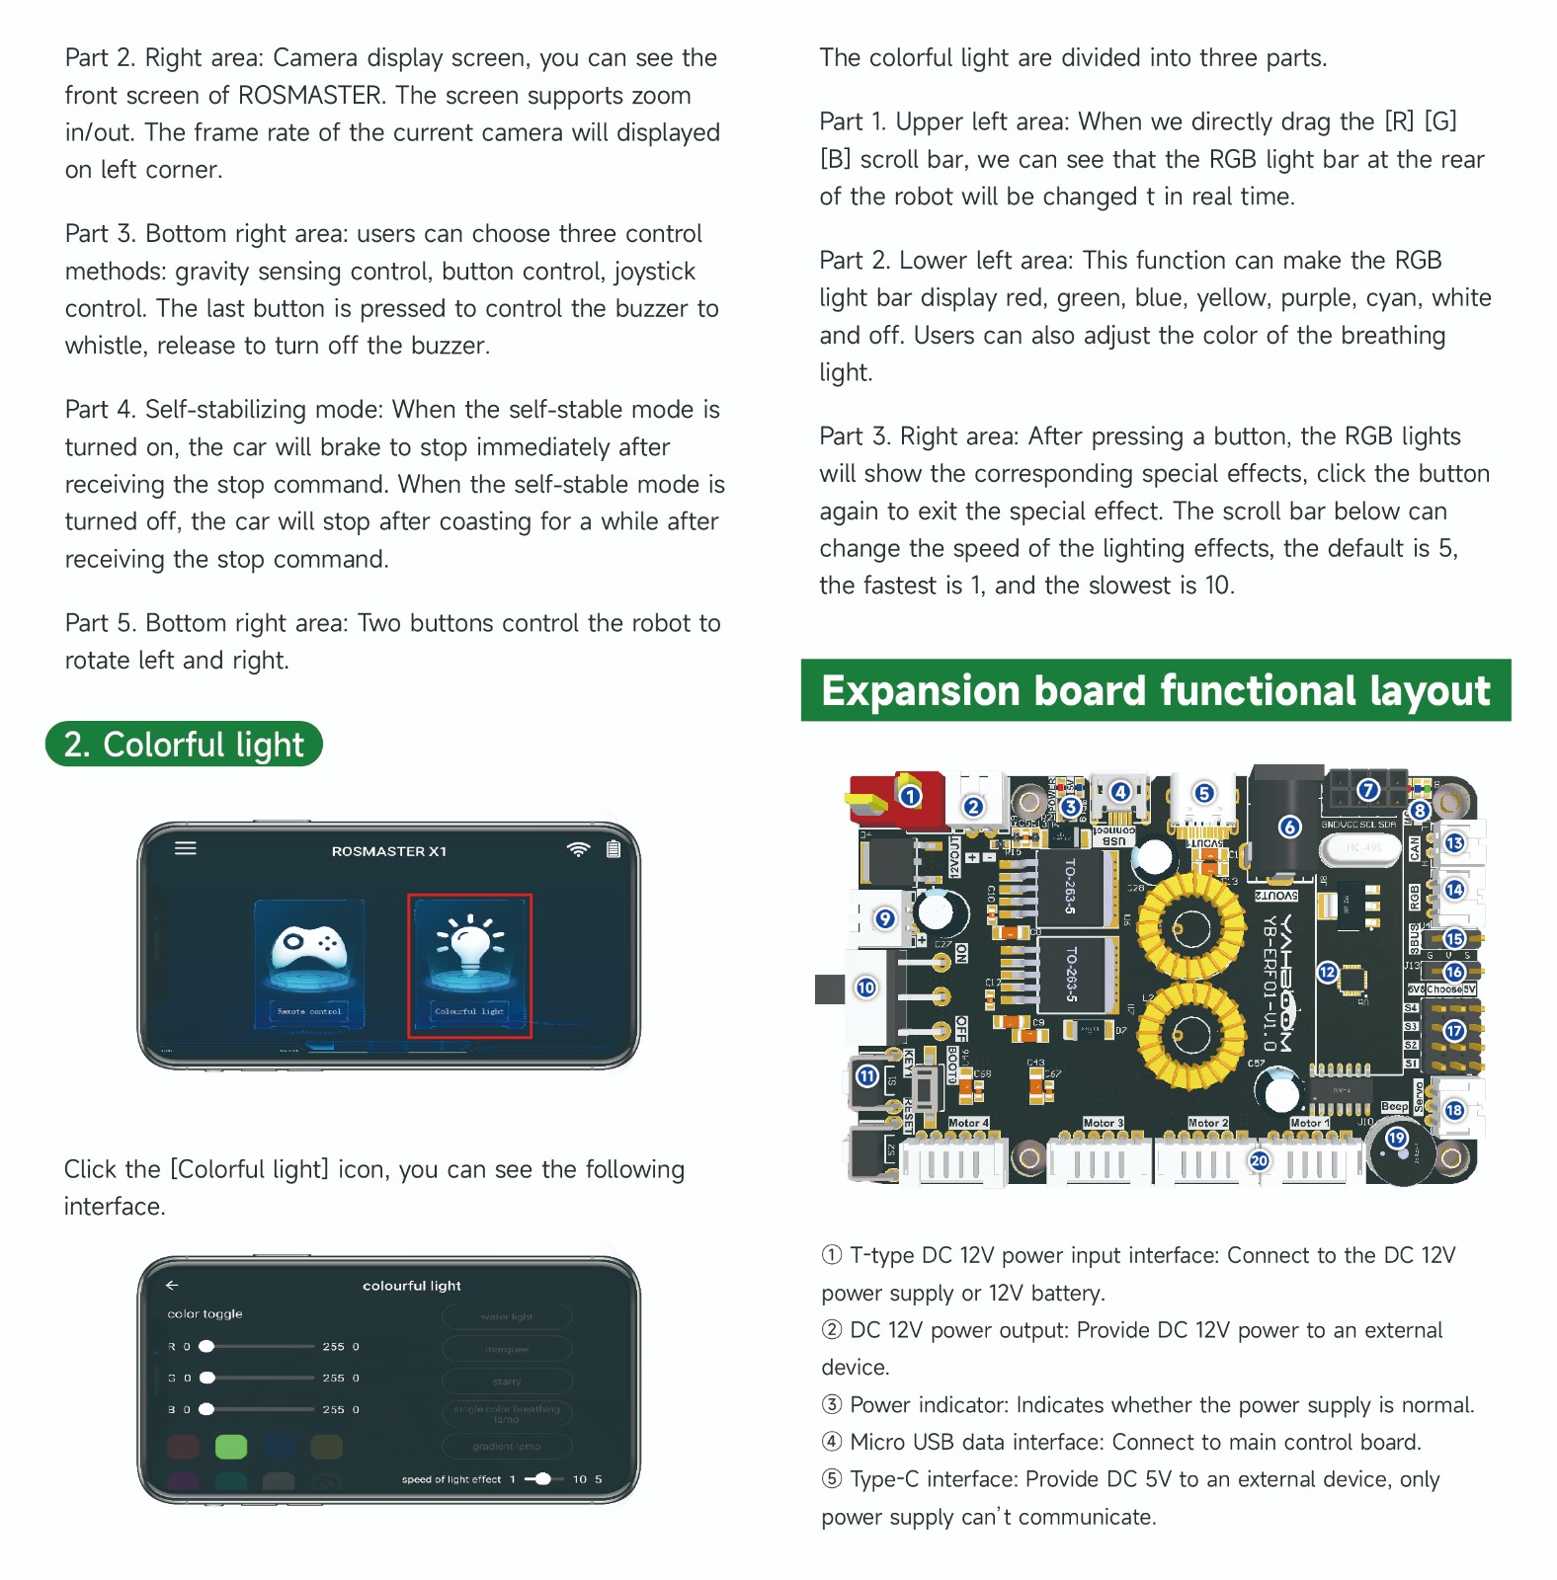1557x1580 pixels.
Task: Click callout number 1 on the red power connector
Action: (x=910, y=795)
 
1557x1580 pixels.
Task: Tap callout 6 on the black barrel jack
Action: (x=1289, y=827)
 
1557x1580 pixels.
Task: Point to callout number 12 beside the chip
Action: (x=1327, y=973)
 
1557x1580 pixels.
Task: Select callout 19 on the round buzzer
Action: (x=1396, y=1138)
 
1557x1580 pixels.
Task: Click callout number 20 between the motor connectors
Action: (x=1259, y=1160)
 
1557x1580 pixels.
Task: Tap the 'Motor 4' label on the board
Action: (x=967, y=1123)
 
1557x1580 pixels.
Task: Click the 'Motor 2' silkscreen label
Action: (x=1207, y=1123)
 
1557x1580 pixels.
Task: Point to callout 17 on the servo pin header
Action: (x=1454, y=1031)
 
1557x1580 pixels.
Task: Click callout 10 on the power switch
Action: (x=865, y=987)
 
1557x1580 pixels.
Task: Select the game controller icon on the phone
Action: (x=309, y=948)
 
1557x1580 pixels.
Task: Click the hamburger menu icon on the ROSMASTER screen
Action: (x=186, y=848)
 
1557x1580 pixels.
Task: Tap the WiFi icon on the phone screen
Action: (x=578, y=849)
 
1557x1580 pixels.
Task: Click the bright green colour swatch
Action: (x=231, y=1447)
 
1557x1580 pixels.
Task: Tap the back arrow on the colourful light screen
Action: (x=172, y=1285)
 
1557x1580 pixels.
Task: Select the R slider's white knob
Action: (x=206, y=1346)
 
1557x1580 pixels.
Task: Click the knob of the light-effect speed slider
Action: (x=542, y=1479)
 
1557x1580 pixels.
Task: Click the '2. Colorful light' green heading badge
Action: (x=184, y=745)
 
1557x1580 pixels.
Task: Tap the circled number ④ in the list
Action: (x=832, y=1442)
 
